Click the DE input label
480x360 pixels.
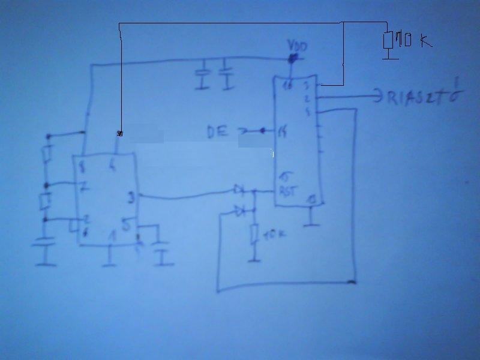[217, 131]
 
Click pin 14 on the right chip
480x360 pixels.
[282, 131]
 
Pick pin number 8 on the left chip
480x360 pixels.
[82, 163]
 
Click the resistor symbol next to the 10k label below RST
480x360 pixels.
[254, 234]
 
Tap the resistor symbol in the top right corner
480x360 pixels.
[388, 41]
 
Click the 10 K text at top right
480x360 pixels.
[413, 41]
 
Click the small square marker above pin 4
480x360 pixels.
[119, 133]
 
